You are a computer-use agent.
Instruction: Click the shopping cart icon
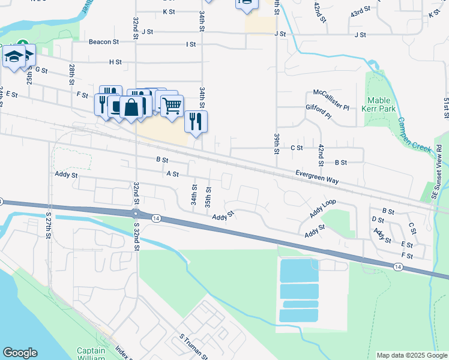pyautogui.click(x=172, y=106)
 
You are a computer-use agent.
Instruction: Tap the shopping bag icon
pyautogui.click(x=131, y=108)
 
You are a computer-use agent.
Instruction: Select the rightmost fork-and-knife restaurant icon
pyautogui.click(x=196, y=121)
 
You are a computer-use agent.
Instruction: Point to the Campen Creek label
pyautogui.click(x=414, y=133)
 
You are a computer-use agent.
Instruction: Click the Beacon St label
pyautogui.click(x=104, y=42)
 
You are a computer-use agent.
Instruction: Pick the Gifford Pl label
pyautogui.click(x=318, y=112)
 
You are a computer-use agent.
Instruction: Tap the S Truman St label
pyautogui.click(x=193, y=346)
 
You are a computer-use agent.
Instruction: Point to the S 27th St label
pyautogui.click(x=49, y=226)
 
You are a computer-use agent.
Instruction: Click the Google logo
pyautogui.click(x=20, y=353)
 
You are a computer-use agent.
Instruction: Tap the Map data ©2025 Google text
pyautogui.click(x=411, y=355)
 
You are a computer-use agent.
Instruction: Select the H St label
pyautogui.click(x=115, y=62)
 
